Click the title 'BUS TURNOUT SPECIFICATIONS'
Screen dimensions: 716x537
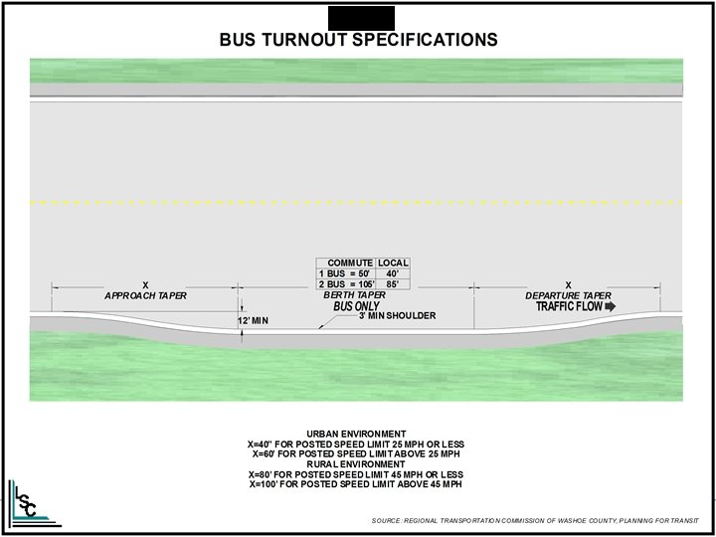(x=357, y=40)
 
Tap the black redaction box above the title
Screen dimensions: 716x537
(x=360, y=17)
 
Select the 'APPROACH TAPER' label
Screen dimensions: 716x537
(x=145, y=296)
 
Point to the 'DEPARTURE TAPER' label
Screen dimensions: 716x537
(x=569, y=296)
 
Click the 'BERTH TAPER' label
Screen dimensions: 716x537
(x=354, y=295)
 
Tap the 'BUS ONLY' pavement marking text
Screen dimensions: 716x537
(x=356, y=307)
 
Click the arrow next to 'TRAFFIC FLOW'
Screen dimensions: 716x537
(x=610, y=307)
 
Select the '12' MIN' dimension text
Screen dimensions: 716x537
(x=254, y=321)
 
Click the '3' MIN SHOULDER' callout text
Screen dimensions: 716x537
(x=398, y=316)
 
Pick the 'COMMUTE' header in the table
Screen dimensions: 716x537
(x=350, y=264)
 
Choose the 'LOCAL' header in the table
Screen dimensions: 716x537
(x=394, y=264)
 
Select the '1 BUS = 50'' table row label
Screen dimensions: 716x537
(x=343, y=273)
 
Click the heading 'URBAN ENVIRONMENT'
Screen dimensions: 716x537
(x=356, y=434)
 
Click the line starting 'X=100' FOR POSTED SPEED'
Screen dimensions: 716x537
(x=356, y=484)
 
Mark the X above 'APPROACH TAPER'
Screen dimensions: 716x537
(x=145, y=286)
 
